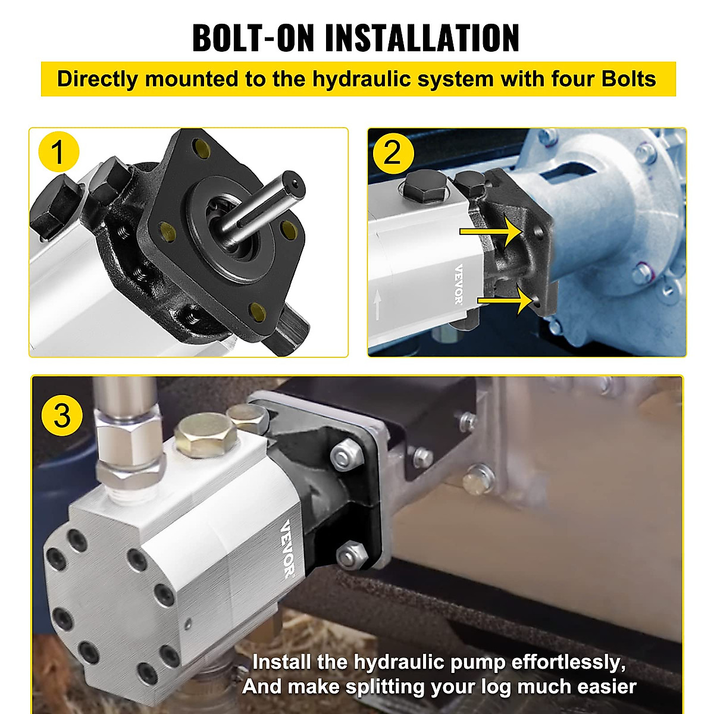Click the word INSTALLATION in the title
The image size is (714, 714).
point(422,38)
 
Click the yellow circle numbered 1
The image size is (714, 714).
point(58,152)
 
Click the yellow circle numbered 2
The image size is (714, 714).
point(393,152)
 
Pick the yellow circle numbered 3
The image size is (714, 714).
point(62,415)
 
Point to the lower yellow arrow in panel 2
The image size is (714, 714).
point(505,300)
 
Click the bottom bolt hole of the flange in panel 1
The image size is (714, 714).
point(258,309)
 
